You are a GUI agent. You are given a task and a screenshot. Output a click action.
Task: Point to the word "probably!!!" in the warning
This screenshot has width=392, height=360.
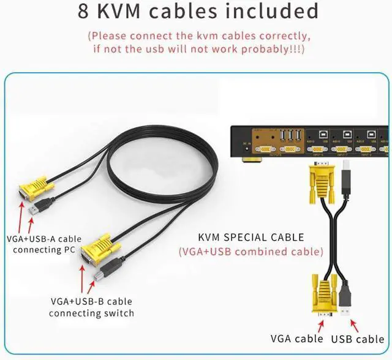point(273,48)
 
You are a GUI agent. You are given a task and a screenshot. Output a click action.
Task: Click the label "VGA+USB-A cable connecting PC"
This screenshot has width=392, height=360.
point(43,244)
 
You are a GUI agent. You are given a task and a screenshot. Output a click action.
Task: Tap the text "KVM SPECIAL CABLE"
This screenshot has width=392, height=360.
point(251,238)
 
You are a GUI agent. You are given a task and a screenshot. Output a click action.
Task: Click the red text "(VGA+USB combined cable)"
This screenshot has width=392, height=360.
point(251,251)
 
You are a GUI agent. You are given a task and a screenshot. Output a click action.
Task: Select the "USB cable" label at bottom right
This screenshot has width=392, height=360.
point(358,338)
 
